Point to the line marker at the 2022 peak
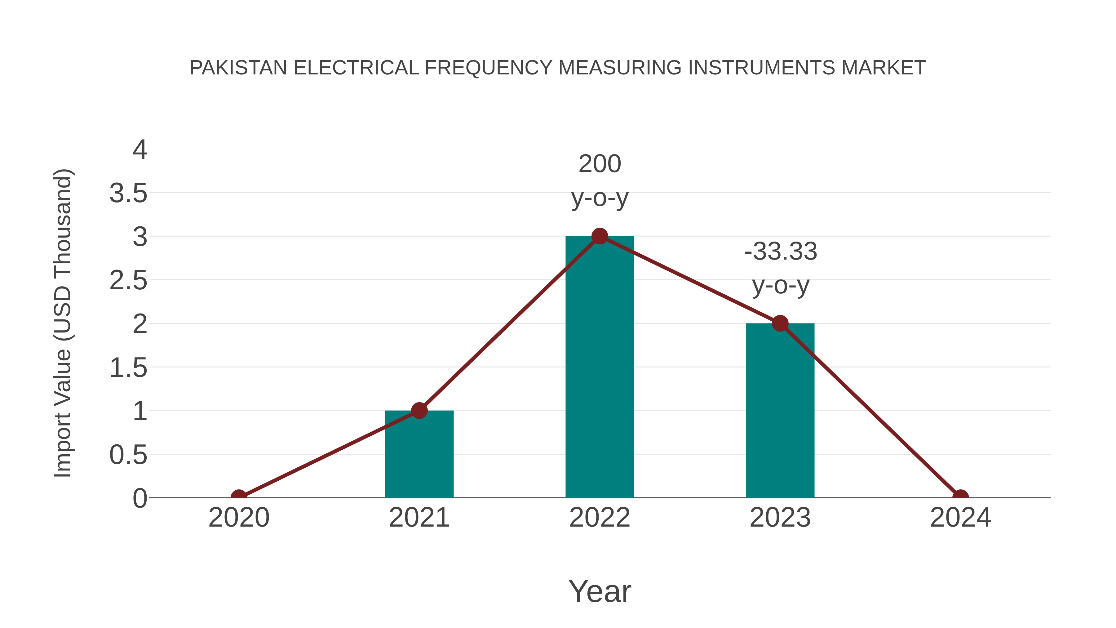click(x=600, y=236)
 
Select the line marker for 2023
click(x=780, y=323)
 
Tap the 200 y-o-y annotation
click(x=600, y=181)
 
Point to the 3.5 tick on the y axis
click(x=128, y=193)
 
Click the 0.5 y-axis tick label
click(x=128, y=455)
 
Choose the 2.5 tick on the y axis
click(x=128, y=281)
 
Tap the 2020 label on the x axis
click(x=239, y=518)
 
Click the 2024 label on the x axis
click(x=960, y=518)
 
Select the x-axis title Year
click(x=600, y=591)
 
